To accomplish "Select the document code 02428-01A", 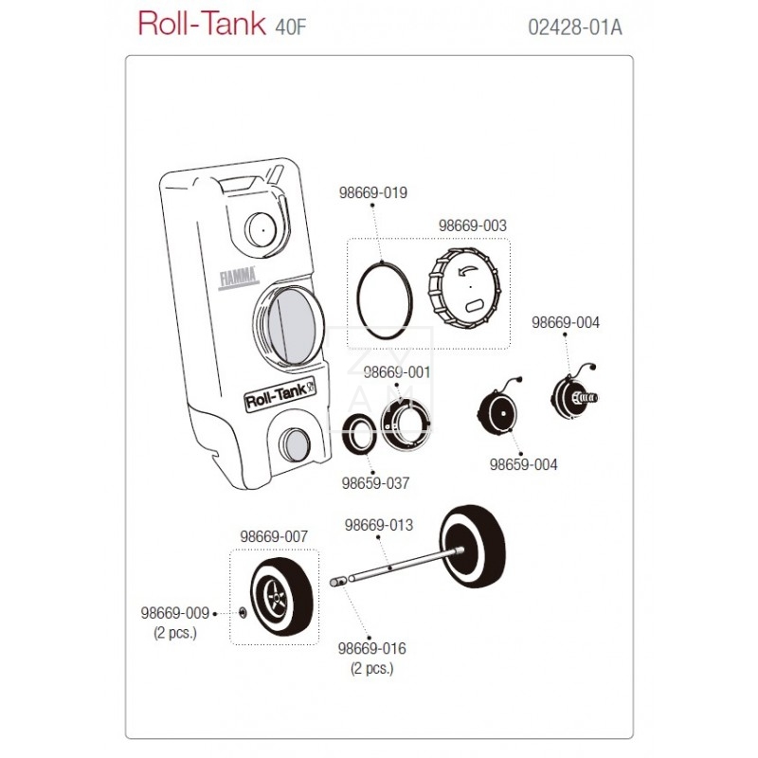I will pos(574,26).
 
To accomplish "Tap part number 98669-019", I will pos(373,193).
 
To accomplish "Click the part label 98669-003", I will pos(473,226).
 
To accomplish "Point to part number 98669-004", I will pos(566,322).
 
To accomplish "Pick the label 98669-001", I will pos(397,372).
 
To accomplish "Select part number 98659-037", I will pos(375,483).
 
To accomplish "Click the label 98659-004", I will pos(523,465).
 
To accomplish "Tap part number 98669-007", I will pos(275,536).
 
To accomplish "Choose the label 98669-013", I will pos(379,524).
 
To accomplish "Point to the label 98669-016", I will pos(371,649).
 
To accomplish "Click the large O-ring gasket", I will pos(384,293).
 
